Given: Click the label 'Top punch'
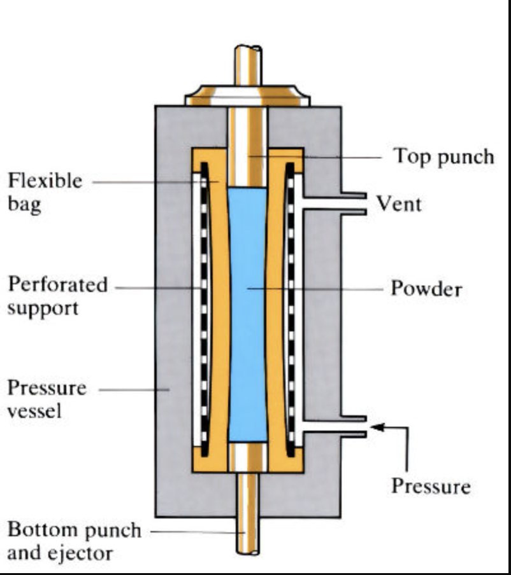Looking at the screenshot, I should [443, 156].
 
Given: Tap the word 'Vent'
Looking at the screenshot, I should [398, 204].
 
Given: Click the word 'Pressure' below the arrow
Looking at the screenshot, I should [431, 487].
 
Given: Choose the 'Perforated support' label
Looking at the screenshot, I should [57, 296].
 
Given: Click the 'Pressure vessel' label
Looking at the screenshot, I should [47, 399].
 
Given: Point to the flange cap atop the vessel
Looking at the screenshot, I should [247, 97].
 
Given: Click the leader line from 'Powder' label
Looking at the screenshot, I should [319, 289].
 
